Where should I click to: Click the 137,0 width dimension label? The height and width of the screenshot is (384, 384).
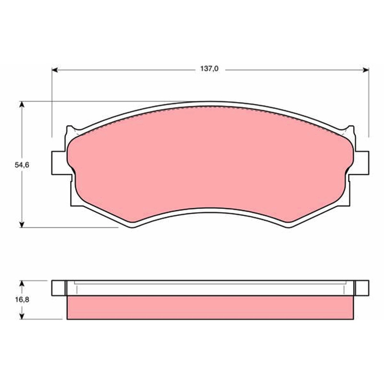209,69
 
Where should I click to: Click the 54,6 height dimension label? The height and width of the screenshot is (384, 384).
22,165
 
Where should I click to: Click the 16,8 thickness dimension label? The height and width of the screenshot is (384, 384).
22,300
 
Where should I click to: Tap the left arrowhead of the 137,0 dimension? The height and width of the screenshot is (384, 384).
55,70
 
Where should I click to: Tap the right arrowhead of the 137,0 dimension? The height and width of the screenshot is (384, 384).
366,70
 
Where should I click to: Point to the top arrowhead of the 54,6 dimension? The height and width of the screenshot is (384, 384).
22,104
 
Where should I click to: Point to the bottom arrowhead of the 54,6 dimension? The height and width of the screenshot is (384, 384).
22,225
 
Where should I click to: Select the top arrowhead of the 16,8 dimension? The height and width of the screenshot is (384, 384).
22,284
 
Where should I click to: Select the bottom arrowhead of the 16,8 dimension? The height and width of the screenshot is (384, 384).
22,316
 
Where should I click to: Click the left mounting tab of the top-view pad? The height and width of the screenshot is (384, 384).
59,163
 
